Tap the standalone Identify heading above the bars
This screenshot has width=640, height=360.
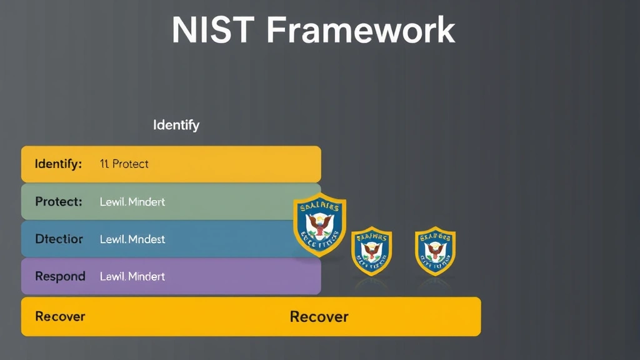pos(176,125)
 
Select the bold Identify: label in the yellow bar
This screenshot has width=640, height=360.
pos(59,164)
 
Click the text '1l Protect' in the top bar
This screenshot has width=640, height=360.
pos(124,164)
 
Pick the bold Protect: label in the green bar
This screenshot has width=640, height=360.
pos(59,202)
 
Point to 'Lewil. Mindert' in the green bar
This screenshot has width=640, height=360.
pos(132,202)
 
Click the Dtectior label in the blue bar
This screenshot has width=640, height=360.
pos(59,239)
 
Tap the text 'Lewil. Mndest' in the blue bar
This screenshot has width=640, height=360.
pos(132,239)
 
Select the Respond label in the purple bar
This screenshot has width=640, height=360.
pos(60,276)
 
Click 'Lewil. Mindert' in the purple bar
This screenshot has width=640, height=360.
pos(132,276)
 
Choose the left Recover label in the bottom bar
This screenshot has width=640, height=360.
pos(60,316)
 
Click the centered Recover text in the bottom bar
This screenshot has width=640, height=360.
pos(319,316)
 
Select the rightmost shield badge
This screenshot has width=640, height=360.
pos(435,251)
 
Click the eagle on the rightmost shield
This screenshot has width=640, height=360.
pos(435,250)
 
